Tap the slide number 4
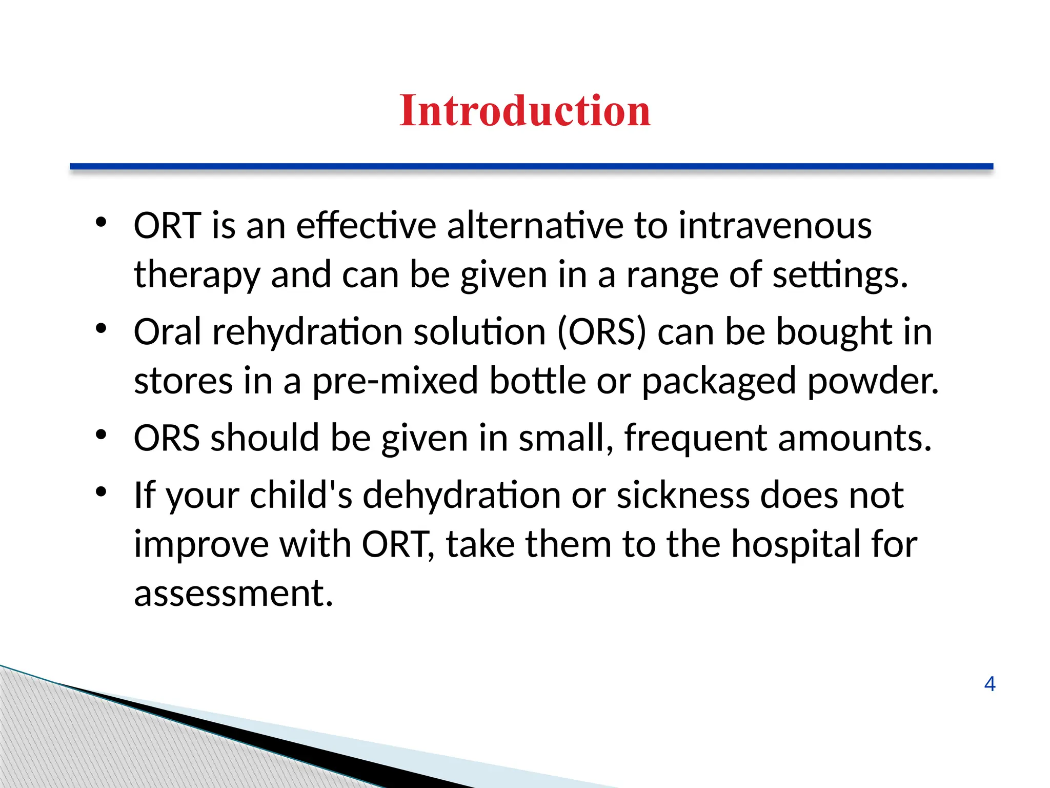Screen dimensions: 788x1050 pos(990,684)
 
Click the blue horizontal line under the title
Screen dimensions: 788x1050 pos(531,166)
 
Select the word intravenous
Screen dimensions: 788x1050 pos(775,226)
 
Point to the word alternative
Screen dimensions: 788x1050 pos(535,226)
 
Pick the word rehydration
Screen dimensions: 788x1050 pos(307,332)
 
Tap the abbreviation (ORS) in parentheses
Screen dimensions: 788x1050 pos(601,332)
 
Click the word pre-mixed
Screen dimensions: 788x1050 pos(395,381)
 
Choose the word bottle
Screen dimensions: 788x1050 pos(537,381)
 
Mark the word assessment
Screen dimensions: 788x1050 pos(233,594)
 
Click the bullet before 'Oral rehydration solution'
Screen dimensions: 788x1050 pos(100,329)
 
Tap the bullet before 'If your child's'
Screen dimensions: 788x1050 pos(100,492)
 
